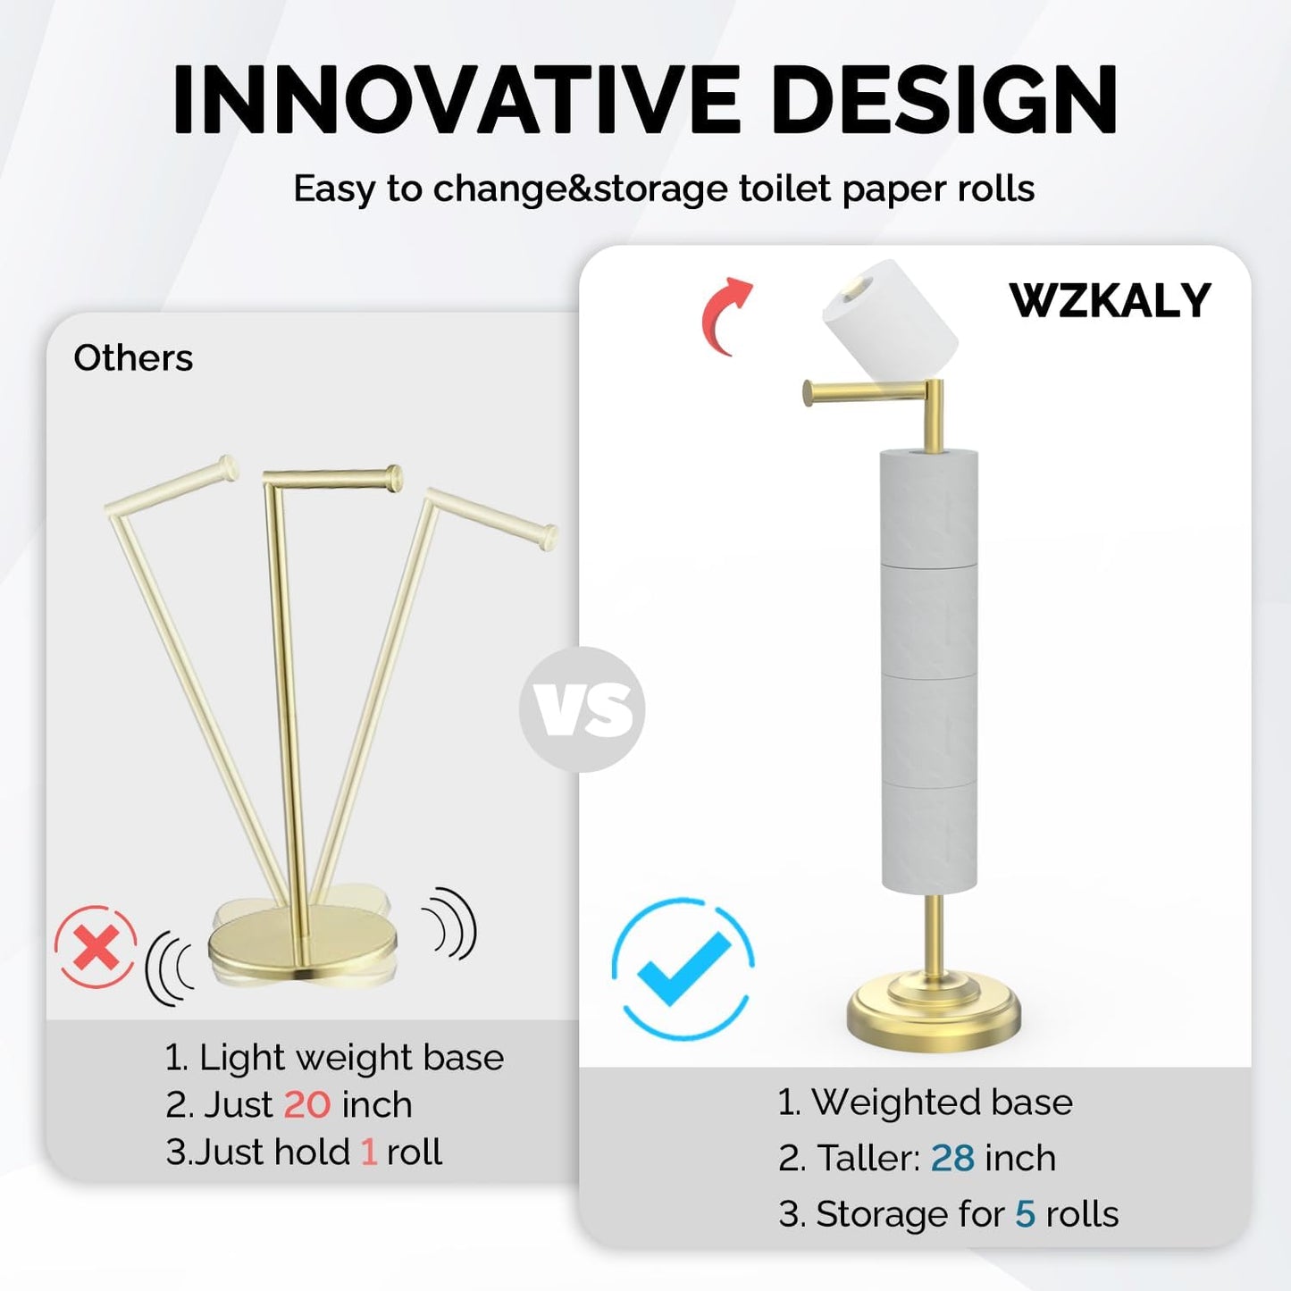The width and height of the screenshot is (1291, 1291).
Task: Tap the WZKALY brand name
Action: (1110, 300)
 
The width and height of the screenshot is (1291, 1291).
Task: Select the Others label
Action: (133, 358)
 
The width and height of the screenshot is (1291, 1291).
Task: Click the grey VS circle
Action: (583, 709)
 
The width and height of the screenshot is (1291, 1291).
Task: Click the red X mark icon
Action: (96, 947)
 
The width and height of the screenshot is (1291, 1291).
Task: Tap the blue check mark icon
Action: (683, 968)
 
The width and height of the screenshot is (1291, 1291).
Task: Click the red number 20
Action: (306, 1105)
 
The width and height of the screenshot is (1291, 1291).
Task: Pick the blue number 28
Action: (952, 1158)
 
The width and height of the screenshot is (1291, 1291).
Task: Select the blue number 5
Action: (1025, 1214)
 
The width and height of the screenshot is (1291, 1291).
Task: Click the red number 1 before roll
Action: (368, 1153)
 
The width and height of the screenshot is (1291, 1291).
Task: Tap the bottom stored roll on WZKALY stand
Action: (929, 837)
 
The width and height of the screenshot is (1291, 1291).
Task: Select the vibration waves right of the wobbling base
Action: (451, 925)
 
